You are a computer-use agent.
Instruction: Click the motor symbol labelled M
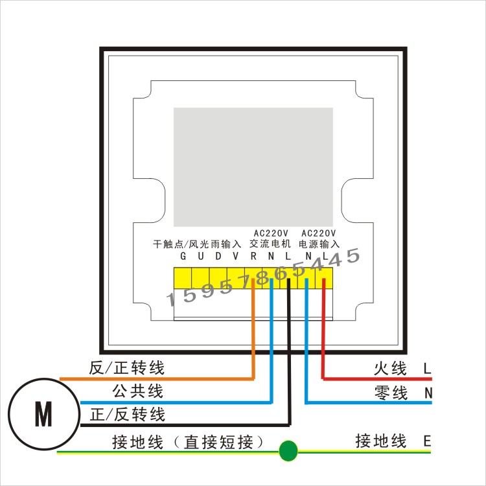(43, 414)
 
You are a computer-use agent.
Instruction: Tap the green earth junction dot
(288, 450)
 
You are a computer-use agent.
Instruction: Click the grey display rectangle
(253, 167)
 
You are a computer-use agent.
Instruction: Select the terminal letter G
(183, 256)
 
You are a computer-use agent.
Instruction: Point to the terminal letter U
(201, 256)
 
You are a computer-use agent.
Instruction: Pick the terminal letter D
(218, 256)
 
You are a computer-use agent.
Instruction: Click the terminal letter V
(236, 256)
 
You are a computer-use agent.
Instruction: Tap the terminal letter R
(253, 256)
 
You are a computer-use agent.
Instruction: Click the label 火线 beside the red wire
(390, 369)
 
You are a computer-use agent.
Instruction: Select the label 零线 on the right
(391, 393)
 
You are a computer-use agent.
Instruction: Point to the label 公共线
(137, 391)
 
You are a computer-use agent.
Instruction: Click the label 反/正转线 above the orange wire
(126, 368)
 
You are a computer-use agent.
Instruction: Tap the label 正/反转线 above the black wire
(128, 415)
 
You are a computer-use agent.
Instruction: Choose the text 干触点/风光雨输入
(197, 244)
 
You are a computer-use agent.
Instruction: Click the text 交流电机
(270, 244)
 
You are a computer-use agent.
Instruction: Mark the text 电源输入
(319, 244)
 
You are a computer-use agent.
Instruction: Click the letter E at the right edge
(427, 441)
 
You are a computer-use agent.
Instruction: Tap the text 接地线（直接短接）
(187, 442)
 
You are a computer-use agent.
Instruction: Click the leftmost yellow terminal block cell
(183, 278)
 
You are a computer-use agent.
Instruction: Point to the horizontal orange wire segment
(157, 379)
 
